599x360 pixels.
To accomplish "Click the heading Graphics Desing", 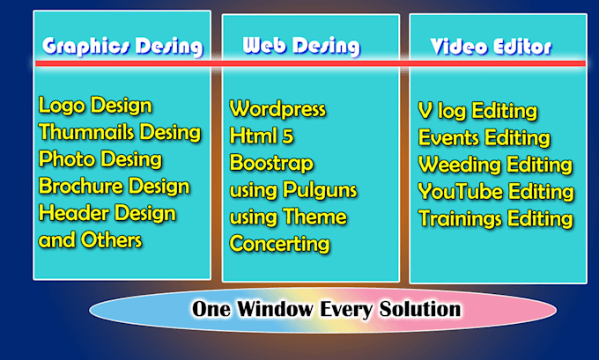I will (x=122, y=46).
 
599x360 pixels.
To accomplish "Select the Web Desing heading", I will (x=299, y=46).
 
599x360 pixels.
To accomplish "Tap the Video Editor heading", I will (x=491, y=46).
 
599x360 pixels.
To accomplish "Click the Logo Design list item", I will (x=95, y=107).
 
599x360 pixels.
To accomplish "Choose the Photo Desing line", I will (x=100, y=160).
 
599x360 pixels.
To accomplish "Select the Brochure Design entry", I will (x=114, y=187).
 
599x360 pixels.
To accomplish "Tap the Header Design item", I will (x=107, y=214).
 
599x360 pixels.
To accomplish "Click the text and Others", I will (x=90, y=240).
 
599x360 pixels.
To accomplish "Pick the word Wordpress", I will (x=277, y=110).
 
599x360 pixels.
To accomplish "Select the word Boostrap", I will (x=270, y=164).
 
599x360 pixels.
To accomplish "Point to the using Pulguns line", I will (x=288, y=190).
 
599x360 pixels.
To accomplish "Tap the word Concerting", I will (x=279, y=244).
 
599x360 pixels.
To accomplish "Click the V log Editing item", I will (x=477, y=111).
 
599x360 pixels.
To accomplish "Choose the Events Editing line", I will (x=484, y=138).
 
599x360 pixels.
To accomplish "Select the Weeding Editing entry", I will (x=495, y=165).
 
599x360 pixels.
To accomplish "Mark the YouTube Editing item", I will (x=496, y=192).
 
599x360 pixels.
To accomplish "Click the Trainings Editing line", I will (x=496, y=218).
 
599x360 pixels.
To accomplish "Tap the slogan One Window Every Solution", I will (x=326, y=310).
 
